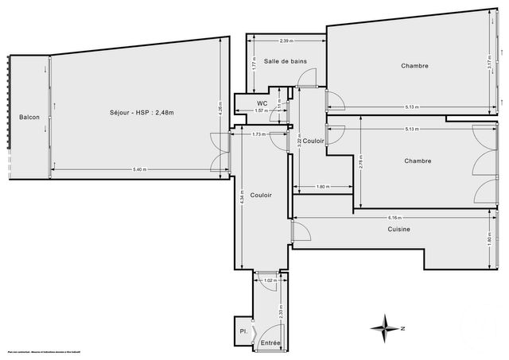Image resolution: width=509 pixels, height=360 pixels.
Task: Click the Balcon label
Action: point(29,118)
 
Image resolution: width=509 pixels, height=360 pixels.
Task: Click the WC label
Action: point(261,103)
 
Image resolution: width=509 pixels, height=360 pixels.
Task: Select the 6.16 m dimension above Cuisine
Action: point(394,218)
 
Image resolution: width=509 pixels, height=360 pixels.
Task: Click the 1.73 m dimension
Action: point(258,134)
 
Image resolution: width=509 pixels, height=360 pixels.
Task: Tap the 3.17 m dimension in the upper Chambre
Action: point(489,70)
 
